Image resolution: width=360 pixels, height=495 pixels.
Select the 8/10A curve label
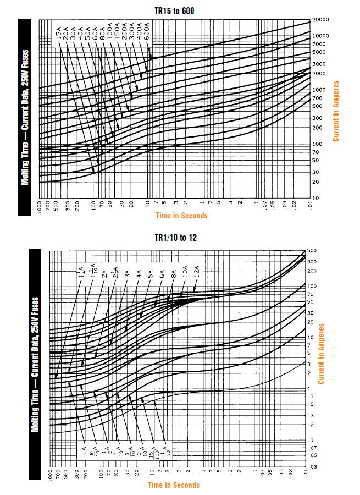pyautogui.click(x=95, y=452)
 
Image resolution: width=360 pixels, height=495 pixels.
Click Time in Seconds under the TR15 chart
pyautogui.click(x=181, y=216)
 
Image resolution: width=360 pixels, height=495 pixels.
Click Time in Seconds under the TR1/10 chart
pyautogui.click(x=174, y=485)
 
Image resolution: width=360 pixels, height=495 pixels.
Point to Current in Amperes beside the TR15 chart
pyautogui.click(x=336, y=111)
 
